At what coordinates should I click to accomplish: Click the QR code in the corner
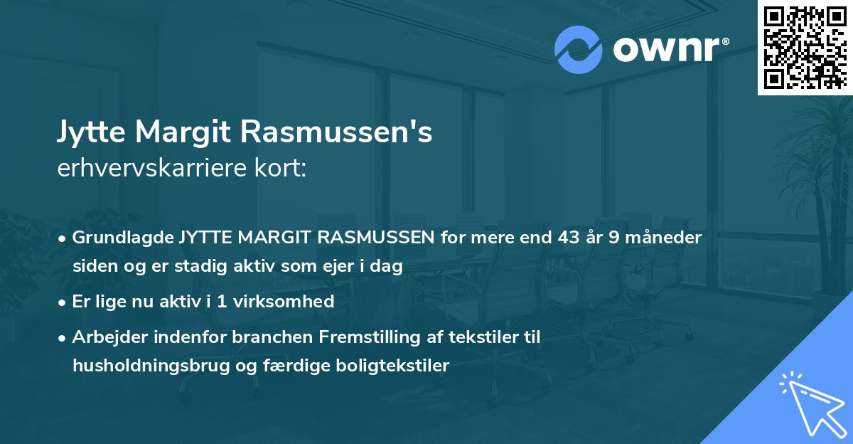[x=805, y=47]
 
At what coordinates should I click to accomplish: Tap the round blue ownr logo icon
[x=578, y=50]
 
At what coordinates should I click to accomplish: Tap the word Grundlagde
[x=122, y=238]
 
